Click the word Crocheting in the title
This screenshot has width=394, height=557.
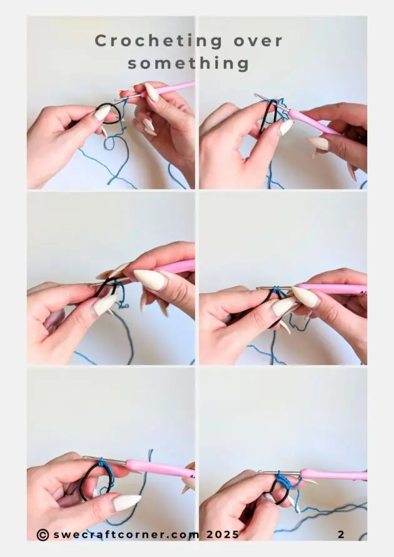tap(151, 41)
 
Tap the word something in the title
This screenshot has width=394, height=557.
tap(189, 63)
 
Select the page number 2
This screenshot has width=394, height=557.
tap(341, 534)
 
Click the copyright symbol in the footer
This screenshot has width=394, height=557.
tap(43, 534)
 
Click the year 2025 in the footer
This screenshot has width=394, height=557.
tap(221, 534)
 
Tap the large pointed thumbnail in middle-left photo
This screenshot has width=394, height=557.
tap(150, 279)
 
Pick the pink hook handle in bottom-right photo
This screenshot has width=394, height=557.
tap(335, 474)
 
